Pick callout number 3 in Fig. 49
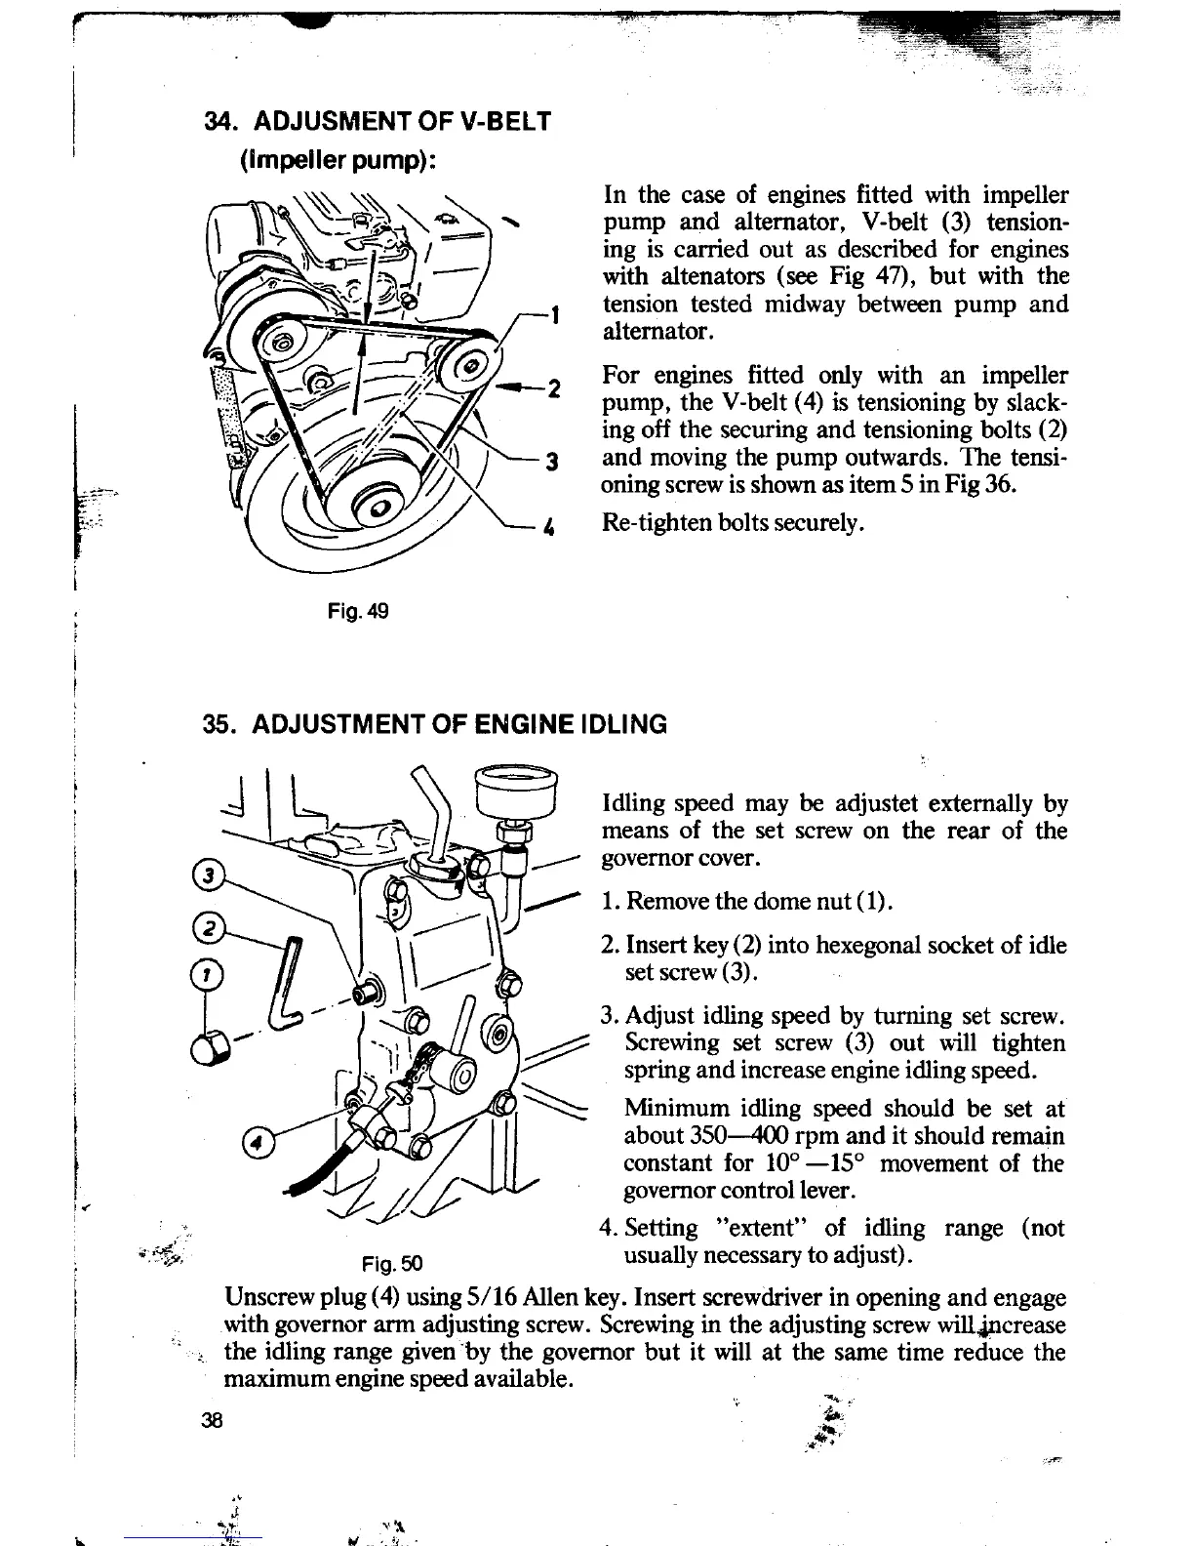tap(551, 462)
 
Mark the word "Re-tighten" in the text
tap(651, 523)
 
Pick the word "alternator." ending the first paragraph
tap(659, 332)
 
